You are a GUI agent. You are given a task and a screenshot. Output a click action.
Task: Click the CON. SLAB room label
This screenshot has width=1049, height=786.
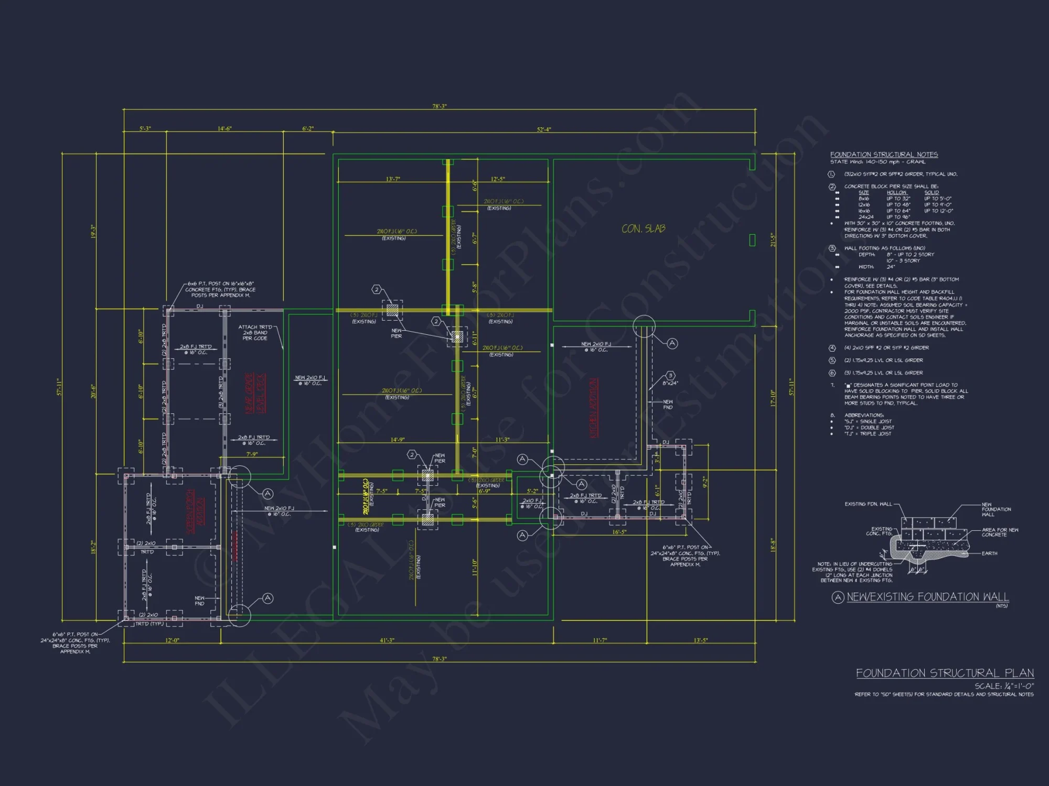(x=643, y=228)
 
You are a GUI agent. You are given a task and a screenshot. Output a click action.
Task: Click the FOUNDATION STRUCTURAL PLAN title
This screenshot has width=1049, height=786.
(x=945, y=673)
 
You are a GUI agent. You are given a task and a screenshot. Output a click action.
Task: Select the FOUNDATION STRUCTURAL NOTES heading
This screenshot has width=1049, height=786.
(x=884, y=155)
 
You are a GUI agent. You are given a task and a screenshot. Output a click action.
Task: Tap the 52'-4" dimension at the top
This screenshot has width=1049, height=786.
(x=544, y=129)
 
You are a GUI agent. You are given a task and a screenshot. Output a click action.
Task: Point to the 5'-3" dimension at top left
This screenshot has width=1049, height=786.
(x=145, y=128)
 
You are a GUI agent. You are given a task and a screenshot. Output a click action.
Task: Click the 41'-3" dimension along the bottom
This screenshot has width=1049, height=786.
(x=387, y=640)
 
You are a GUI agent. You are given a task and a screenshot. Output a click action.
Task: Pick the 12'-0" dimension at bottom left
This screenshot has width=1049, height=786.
(x=172, y=640)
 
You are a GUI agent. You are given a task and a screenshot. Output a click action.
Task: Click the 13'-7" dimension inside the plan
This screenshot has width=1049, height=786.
(x=393, y=179)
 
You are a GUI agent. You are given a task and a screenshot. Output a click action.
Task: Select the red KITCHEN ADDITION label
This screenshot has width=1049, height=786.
(x=594, y=408)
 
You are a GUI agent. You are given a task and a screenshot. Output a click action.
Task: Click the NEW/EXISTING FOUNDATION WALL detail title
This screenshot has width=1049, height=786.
(x=927, y=597)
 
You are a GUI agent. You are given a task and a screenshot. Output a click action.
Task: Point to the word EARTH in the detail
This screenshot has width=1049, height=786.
(x=989, y=553)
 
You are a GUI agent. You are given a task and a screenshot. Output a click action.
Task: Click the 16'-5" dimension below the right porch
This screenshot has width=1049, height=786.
(x=619, y=532)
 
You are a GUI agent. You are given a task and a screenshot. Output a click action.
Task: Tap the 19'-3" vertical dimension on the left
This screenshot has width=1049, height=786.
(x=93, y=231)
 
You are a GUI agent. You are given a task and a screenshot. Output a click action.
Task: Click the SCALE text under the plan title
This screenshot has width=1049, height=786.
(x=1004, y=686)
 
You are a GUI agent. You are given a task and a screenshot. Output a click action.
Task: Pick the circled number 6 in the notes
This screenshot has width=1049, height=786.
(x=832, y=373)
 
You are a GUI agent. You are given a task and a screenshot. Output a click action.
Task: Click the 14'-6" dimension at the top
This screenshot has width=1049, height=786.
(x=224, y=128)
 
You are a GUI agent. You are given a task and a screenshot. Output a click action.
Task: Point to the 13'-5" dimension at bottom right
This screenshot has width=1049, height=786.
(x=701, y=640)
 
